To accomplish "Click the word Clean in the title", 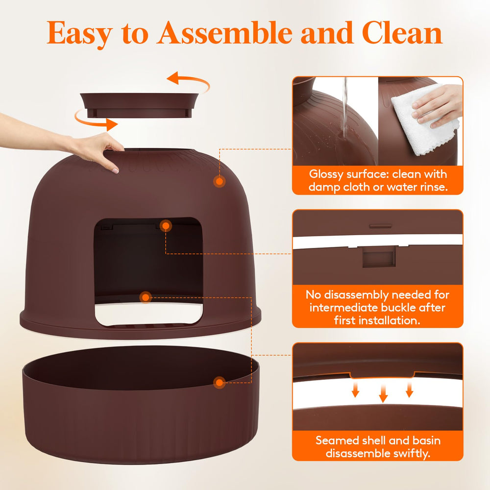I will (402, 33).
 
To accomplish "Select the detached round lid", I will (139, 103).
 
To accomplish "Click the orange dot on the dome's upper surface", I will (220, 181).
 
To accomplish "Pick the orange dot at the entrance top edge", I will (166, 226).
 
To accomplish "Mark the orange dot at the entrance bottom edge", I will (145, 297).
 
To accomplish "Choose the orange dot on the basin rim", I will (220, 382).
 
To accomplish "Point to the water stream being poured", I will (346, 108).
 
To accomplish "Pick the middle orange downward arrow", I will (383, 392).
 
